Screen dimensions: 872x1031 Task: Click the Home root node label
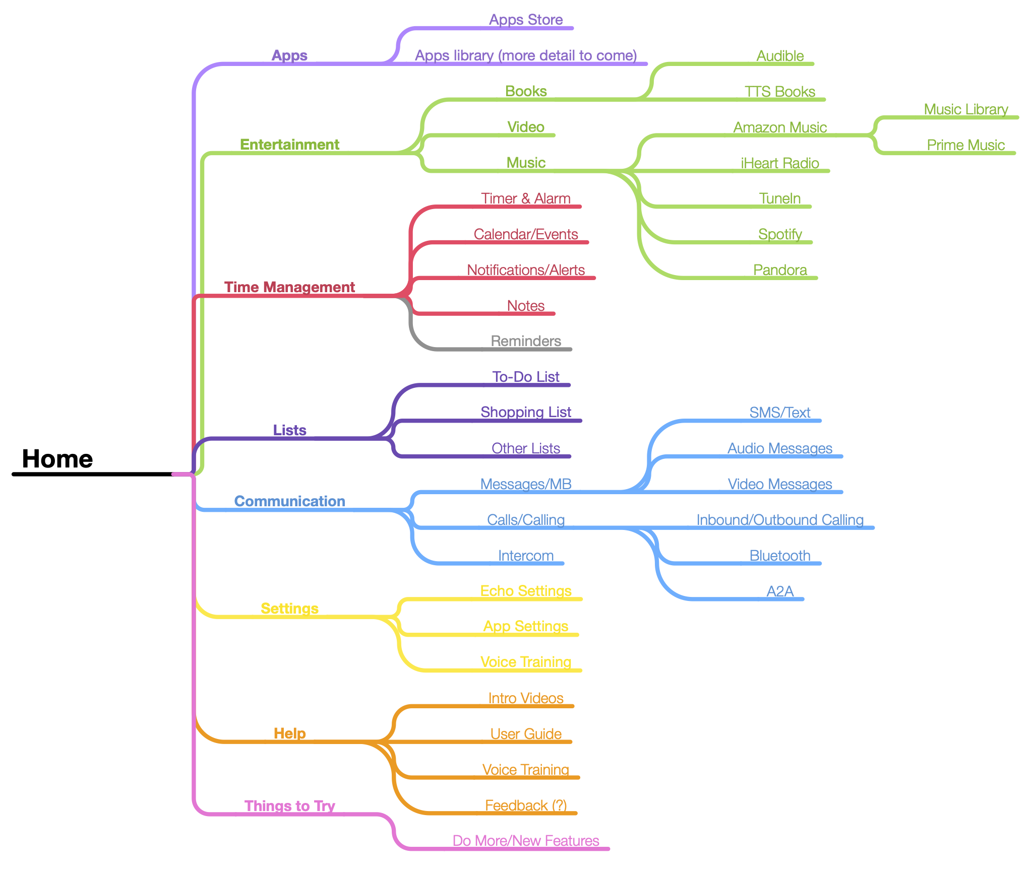click(x=57, y=459)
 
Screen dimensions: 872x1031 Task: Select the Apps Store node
click(x=526, y=20)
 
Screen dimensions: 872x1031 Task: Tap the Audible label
click(x=780, y=56)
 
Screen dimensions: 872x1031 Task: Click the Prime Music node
click(x=965, y=145)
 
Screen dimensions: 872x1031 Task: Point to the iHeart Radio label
click(x=779, y=163)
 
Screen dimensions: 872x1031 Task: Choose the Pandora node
click(x=780, y=270)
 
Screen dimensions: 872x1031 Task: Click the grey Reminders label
click(x=526, y=341)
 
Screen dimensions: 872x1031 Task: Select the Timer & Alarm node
click(x=526, y=198)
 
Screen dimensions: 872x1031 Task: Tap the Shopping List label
click(x=526, y=412)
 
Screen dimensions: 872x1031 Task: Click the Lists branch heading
click(x=289, y=430)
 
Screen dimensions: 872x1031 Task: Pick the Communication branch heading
click(x=289, y=501)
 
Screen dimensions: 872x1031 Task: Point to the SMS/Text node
click(x=780, y=413)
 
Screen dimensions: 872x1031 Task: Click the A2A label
click(x=780, y=591)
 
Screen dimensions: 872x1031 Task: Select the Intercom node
click(x=526, y=556)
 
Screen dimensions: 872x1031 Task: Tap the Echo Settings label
click(x=526, y=591)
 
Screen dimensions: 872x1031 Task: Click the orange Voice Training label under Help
click(x=526, y=770)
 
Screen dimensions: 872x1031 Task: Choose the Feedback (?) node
click(x=526, y=806)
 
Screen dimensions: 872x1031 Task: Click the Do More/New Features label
click(x=526, y=841)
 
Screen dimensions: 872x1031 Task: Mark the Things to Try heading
click(x=289, y=806)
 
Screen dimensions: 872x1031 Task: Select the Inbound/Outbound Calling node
click(x=780, y=520)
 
